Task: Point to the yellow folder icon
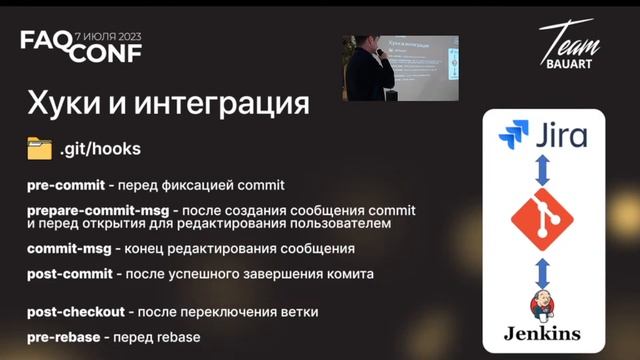(x=39, y=148)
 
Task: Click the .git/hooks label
(x=99, y=149)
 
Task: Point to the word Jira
(x=560, y=134)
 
